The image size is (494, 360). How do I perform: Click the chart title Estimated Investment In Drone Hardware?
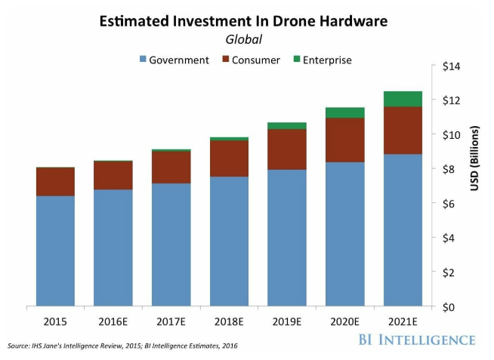coord(243,22)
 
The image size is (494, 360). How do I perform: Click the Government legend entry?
coord(174,60)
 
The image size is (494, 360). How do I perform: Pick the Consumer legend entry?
coord(251,60)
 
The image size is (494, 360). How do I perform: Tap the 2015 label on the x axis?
coord(55,321)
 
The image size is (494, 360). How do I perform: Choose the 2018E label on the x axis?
coord(230,321)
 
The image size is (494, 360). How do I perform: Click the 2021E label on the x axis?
coord(402,321)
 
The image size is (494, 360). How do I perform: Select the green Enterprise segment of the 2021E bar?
coord(403,99)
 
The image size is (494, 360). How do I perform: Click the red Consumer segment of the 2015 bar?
coord(55,182)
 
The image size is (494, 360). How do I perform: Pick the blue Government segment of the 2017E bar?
coord(171,245)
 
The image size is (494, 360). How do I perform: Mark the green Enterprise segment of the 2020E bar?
coord(345,112)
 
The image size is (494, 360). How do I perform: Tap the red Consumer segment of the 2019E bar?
coord(287,149)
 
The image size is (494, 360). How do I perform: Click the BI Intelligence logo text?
coord(418,339)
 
